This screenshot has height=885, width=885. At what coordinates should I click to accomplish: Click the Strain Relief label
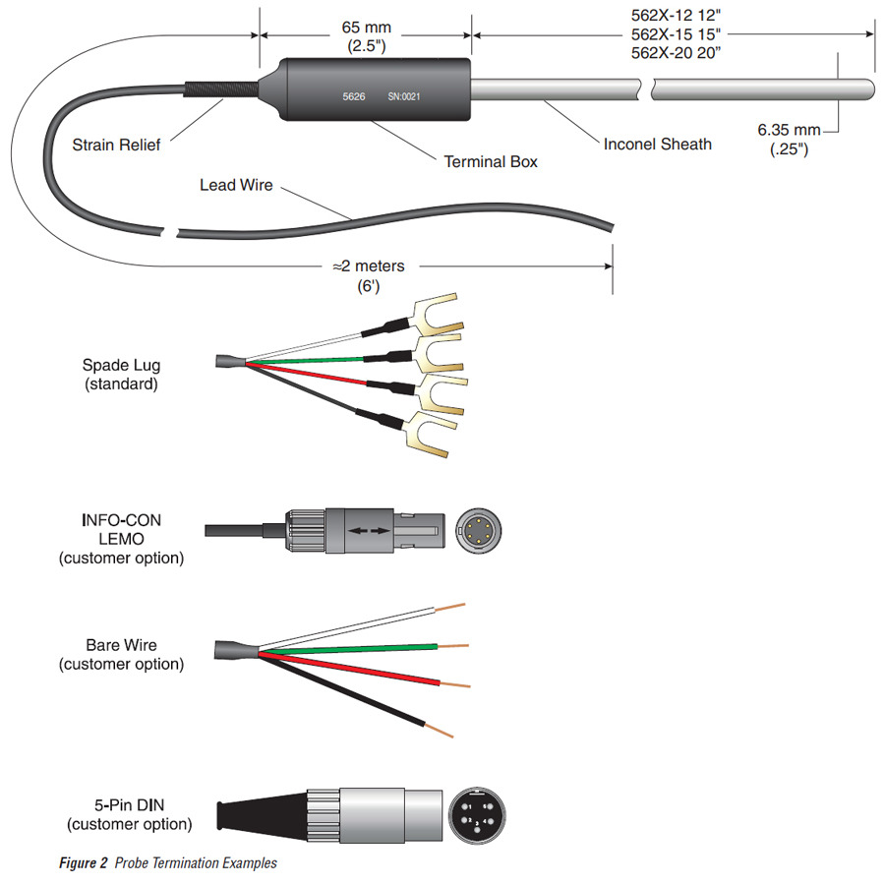click(x=116, y=146)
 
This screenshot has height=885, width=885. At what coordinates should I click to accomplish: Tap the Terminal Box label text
click(x=491, y=161)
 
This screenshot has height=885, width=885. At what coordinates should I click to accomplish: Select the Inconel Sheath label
click(x=658, y=145)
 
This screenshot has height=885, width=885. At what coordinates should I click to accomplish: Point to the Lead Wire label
click(x=236, y=185)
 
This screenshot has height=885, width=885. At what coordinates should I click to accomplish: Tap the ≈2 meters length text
click(x=369, y=265)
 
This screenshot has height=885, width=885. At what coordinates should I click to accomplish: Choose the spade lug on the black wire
click(x=430, y=436)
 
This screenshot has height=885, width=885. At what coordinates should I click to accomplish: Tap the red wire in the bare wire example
click(x=354, y=669)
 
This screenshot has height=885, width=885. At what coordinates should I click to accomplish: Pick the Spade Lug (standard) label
click(x=121, y=375)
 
